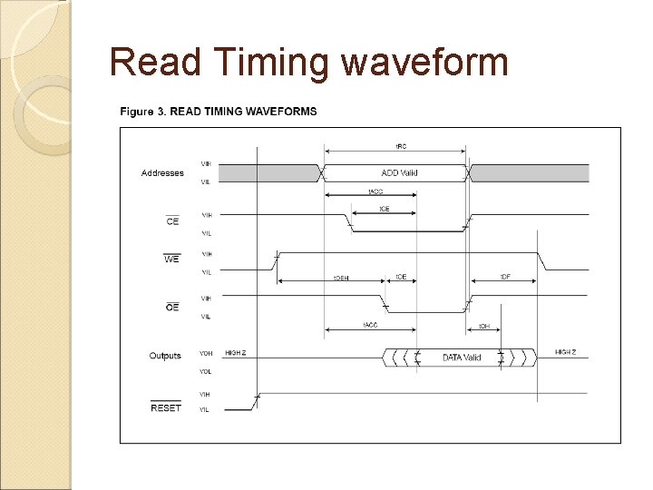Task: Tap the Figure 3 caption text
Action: click(219, 112)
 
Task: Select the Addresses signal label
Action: click(162, 172)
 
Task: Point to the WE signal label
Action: click(171, 260)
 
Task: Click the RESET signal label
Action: click(166, 407)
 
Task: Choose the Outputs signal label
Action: click(165, 356)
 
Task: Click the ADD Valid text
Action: click(399, 172)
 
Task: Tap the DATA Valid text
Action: click(462, 358)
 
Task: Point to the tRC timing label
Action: click(399, 145)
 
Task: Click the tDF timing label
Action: click(505, 277)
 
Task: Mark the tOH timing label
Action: click(485, 326)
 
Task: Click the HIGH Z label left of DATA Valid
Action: click(235, 352)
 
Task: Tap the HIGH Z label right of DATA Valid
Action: click(566, 352)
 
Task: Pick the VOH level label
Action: click(206, 352)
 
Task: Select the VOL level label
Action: click(206, 370)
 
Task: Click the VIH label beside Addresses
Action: click(206, 163)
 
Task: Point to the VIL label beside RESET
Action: click(206, 410)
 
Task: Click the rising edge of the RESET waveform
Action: click(257, 398)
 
